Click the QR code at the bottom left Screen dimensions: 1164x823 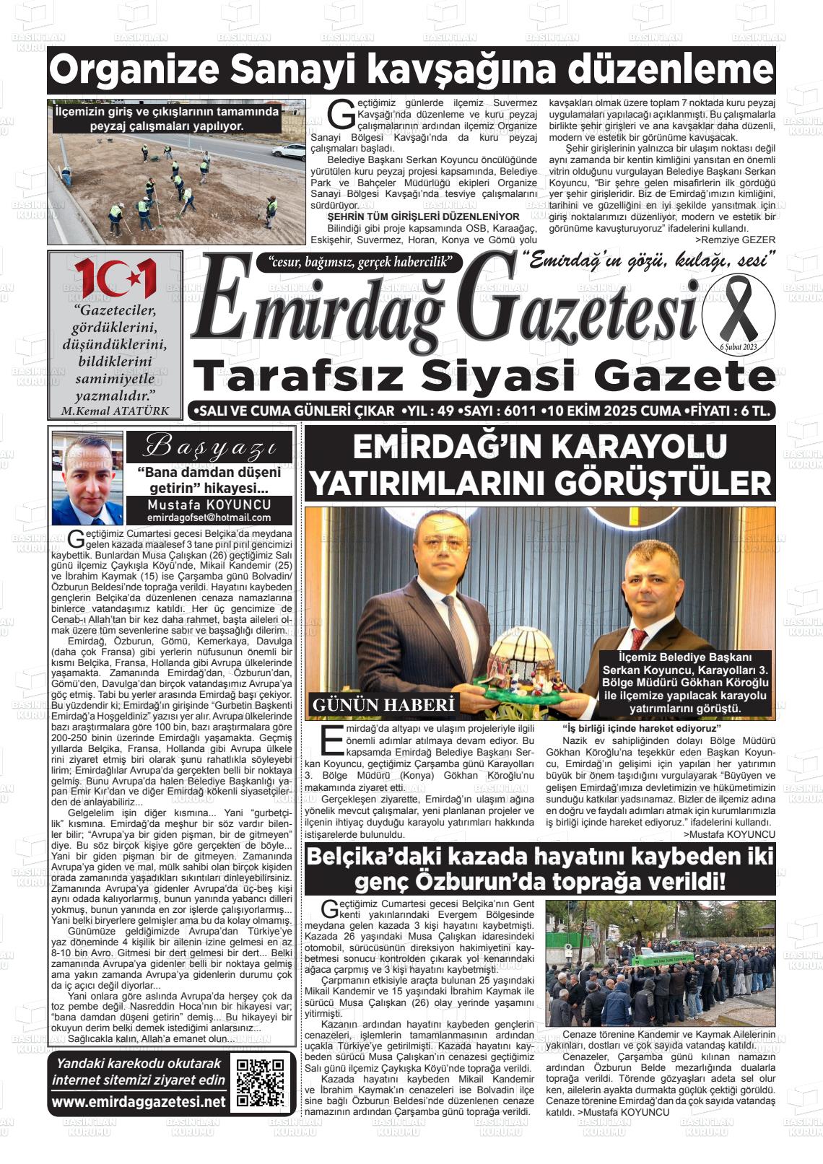[260, 1082]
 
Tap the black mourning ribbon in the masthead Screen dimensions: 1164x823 [737, 313]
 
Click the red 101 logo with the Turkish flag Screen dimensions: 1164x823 [115, 278]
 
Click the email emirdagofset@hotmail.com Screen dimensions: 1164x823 [209, 517]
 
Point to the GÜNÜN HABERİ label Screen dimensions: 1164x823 [383, 704]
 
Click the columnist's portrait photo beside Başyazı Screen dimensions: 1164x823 [87, 478]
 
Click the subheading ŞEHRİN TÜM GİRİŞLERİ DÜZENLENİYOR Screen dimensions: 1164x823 [423, 216]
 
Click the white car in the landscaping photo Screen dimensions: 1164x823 [289, 152]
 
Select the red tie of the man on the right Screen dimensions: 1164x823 [638, 638]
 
